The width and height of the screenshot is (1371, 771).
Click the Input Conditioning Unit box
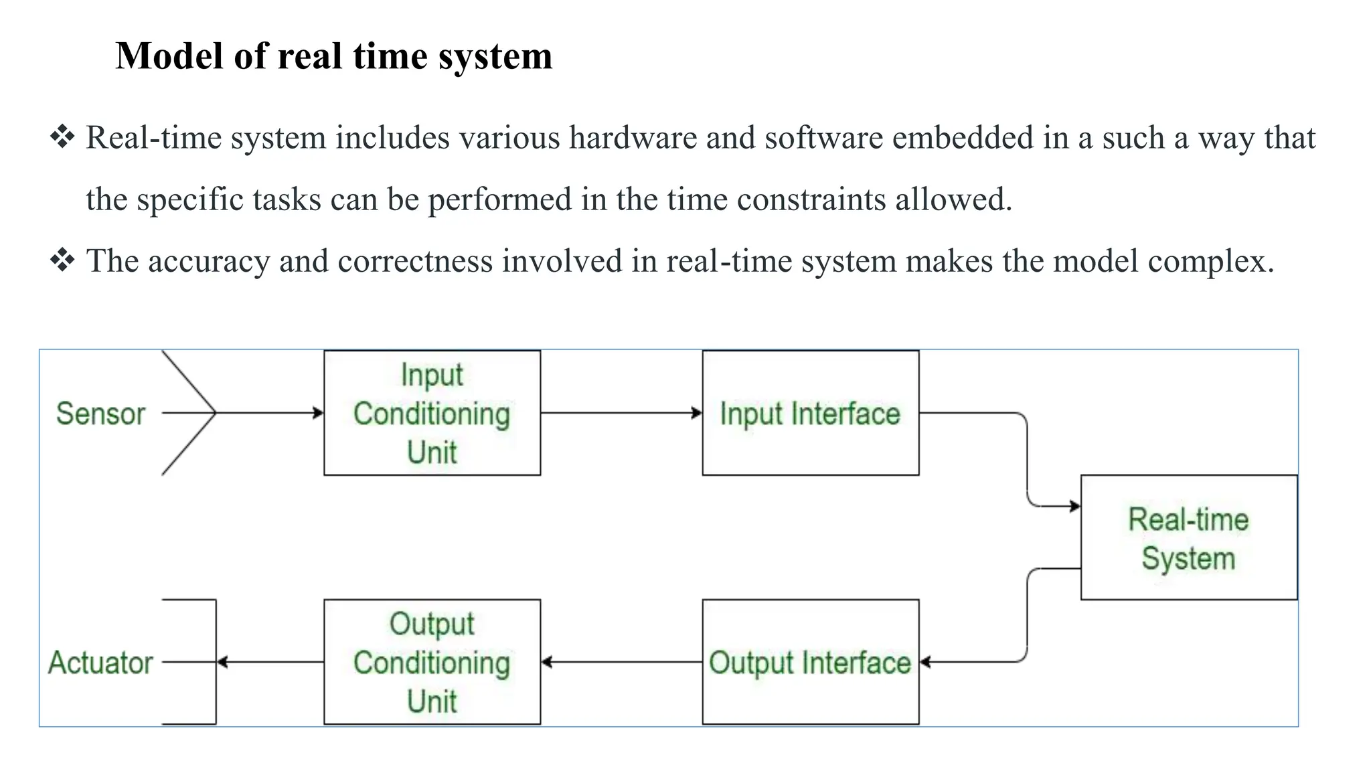pyautogui.click(x=432, y=413)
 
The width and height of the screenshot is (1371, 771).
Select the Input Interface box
pyautogui.click(x=810, y=413)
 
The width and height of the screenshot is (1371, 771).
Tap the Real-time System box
pyautogui.click(x=1188, y=537)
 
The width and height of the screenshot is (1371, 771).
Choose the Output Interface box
pyautogui.click(x=810, y=662)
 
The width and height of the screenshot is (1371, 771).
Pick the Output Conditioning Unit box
pyautogui.click(x=432, y=662)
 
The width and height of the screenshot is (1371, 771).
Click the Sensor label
pyautogui.click(x=100, y=414)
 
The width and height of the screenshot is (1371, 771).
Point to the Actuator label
pyautogui.click(x=100, y=663)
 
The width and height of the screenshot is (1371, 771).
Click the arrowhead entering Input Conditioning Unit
pyautogui.click(x=319, y=413)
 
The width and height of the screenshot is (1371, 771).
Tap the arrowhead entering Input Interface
pyautogui.click(x=697, y=413)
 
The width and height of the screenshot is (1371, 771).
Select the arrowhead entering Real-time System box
pyautogui.click(x=1075, y=506)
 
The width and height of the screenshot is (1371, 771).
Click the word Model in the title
pyautogui.click(x=169, y=56)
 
